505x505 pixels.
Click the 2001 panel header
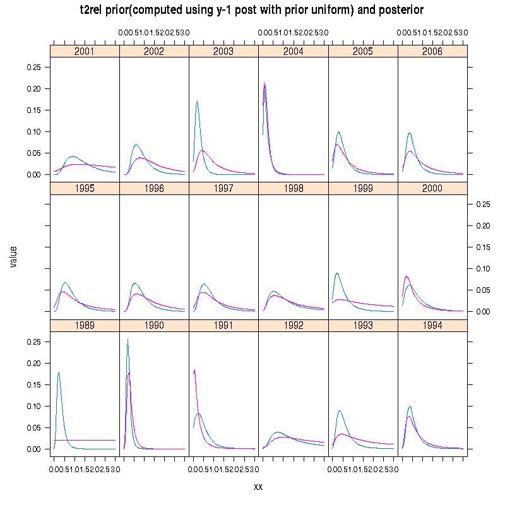85,51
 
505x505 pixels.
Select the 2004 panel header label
293,51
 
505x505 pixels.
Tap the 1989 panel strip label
85,325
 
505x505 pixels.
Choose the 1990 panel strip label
154,325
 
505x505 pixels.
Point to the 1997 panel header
223,188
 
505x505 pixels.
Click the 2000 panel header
432,188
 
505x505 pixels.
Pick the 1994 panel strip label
432,325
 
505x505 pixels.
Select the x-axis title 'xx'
258,487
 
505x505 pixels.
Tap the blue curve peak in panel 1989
59,372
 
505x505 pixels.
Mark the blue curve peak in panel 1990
128,340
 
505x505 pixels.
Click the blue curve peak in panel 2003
198,101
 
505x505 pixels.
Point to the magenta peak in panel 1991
194,370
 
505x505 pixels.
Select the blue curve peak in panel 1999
337,273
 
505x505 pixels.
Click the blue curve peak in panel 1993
340,411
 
